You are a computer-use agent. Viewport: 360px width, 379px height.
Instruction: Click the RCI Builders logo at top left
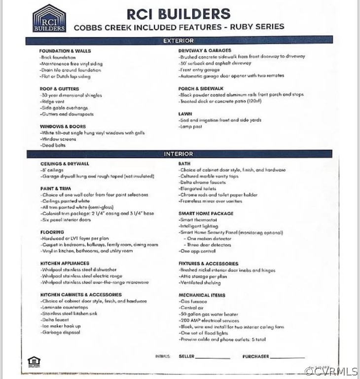pyautogui.click(x=49, y=19)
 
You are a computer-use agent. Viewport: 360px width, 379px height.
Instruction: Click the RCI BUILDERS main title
pyautogui.click(x=179, y=13)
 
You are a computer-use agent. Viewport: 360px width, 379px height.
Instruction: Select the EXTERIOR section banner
pyautogui.click(x=179, y=40)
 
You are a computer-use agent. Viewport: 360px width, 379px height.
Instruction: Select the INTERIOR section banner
pyautogui.click(x=179, y=154)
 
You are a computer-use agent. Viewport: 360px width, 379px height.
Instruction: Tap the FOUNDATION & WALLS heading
pyautogui.click(x=65, y=51)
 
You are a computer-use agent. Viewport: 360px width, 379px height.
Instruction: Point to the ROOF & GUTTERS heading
pyautogui.click(x=59, y=89)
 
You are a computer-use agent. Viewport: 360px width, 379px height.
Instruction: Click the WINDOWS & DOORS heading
pyautogui.click(x=63, y=126)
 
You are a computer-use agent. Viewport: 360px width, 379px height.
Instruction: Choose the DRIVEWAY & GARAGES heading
pyautogui.click(x=205, y=50)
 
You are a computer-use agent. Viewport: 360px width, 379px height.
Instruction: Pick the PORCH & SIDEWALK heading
pyautogui.click(x=201, y=88)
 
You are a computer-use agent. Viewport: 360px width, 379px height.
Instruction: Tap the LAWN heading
pyautogui.click(x=185, y=114)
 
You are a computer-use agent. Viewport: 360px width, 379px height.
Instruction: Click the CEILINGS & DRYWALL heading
pyautogui.click(x=65, y=163)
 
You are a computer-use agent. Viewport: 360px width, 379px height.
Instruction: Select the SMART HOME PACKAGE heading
pyautogui.click(x=206, y=213)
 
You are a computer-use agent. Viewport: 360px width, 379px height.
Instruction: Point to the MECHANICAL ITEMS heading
pyautogui.click(x=202, y=295)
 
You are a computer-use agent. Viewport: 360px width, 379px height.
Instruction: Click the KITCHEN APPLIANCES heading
pyautogui.click(x=65, y=264)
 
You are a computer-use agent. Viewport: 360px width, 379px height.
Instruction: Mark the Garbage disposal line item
pyautogui.click(x=61, y=333)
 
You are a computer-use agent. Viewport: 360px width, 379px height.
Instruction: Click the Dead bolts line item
pyautogui.click(x=53, y=145)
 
